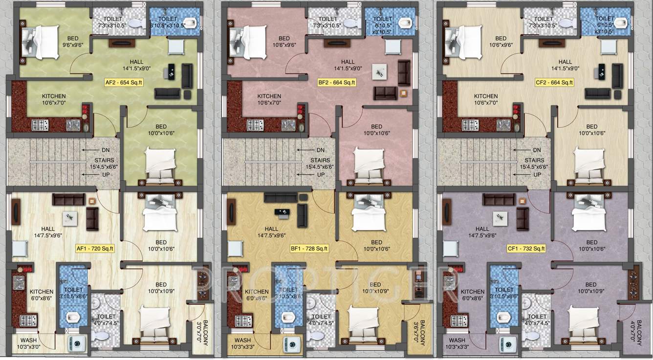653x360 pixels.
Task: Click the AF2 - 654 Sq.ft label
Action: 123,83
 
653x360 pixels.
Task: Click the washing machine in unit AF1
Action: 78,342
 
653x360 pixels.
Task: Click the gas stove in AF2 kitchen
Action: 39,126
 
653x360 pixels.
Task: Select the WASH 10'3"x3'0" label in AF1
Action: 30,343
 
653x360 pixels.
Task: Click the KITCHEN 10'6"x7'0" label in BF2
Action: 269,100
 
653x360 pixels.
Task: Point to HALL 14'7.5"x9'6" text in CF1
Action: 482,232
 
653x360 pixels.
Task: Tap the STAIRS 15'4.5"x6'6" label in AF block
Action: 104,163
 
